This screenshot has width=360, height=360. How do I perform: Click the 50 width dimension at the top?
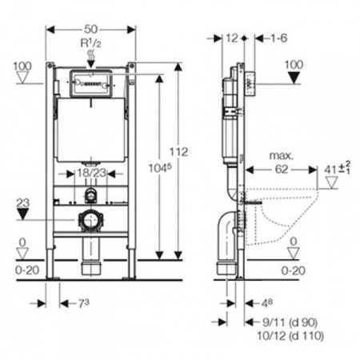click(x=91, y=29)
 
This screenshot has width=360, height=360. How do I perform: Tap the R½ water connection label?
click(x=91, y=43)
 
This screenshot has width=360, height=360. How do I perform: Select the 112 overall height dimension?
click(x=179, y=152)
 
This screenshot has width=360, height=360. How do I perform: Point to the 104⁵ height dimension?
click(x=160, y=168)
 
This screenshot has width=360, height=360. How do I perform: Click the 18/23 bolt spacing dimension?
click(x=91, y=174)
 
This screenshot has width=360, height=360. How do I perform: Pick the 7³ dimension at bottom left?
click(x=83, y=303)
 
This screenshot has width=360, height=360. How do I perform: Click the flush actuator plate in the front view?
click(x=90, y=83)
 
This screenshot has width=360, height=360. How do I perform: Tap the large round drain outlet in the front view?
click(x=90, y=221)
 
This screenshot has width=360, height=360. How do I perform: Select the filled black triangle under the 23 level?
click(x=22, y=214)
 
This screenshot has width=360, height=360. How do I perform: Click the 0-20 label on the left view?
click(x=27, y=270)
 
